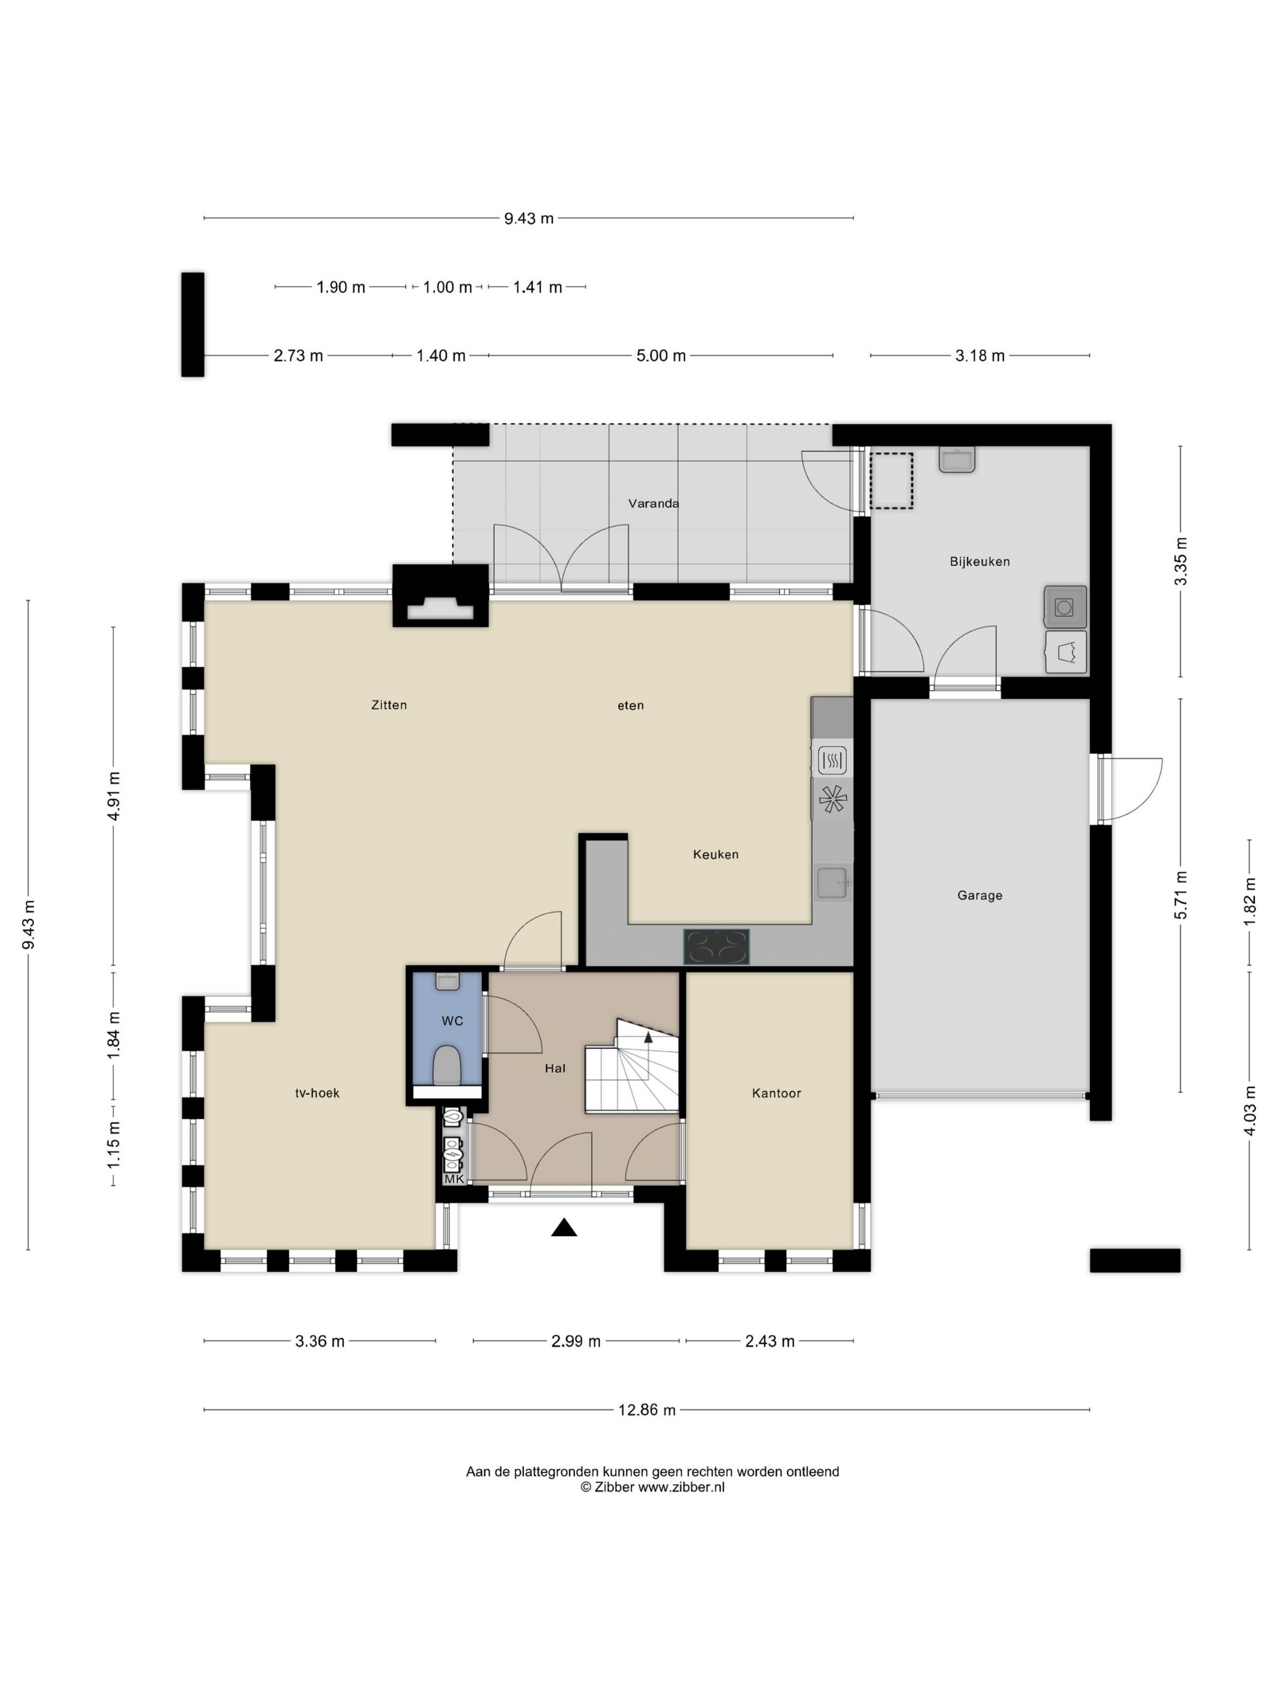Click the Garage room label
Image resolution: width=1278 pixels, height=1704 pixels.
(x=979, y=895)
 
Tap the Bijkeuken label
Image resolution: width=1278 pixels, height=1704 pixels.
(x=979, y=562)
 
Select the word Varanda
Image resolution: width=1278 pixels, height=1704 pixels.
(x=653, y=504)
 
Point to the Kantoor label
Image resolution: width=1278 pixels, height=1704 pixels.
(x=777, y=1093)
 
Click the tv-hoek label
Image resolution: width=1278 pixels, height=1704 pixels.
(x=318, y=1093)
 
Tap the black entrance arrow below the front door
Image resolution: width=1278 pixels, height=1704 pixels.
(x=564, y=1227)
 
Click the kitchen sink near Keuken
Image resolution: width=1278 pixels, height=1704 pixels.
(x=833, y=882)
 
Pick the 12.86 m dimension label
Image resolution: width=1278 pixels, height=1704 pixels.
(x=647, y=1409)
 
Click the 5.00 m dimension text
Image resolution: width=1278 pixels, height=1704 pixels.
(x=661, y=356)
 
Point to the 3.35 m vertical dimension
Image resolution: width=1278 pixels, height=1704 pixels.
(x=1180, y=562)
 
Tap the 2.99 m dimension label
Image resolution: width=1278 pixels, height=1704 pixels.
(x=576, y=1341)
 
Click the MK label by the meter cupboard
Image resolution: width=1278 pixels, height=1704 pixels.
(x=454, y=1179)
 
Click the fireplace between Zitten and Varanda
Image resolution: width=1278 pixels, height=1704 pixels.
(x=441, y=595)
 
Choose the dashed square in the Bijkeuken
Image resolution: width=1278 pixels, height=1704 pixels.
(x=892, y=481)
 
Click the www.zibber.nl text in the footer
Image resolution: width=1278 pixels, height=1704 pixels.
(x=681, y=1487)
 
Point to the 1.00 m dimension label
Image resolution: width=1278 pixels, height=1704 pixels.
(x=447, y=287)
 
